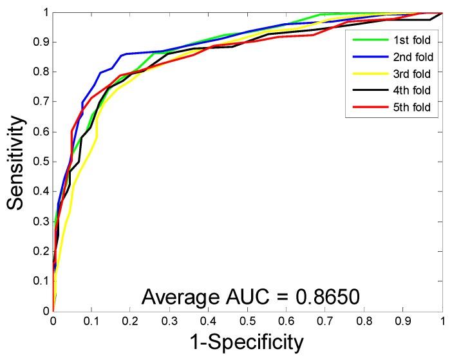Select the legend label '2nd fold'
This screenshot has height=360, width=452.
point(413,57)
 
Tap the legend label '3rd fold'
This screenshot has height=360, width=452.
point(413,74)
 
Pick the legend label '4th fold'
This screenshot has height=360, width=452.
point(413,91)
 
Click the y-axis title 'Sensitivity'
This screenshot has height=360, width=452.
point(17,162)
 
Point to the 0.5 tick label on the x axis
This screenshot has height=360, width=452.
point(247,320)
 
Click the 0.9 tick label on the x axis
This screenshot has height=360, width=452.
point(403,320)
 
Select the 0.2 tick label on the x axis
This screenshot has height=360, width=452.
point(130,320)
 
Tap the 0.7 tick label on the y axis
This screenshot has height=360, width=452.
point(39,102)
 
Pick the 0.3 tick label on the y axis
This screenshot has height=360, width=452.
point(39,222)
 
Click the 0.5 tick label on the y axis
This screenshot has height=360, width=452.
point(39,162)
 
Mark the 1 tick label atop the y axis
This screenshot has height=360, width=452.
point(44,12)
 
